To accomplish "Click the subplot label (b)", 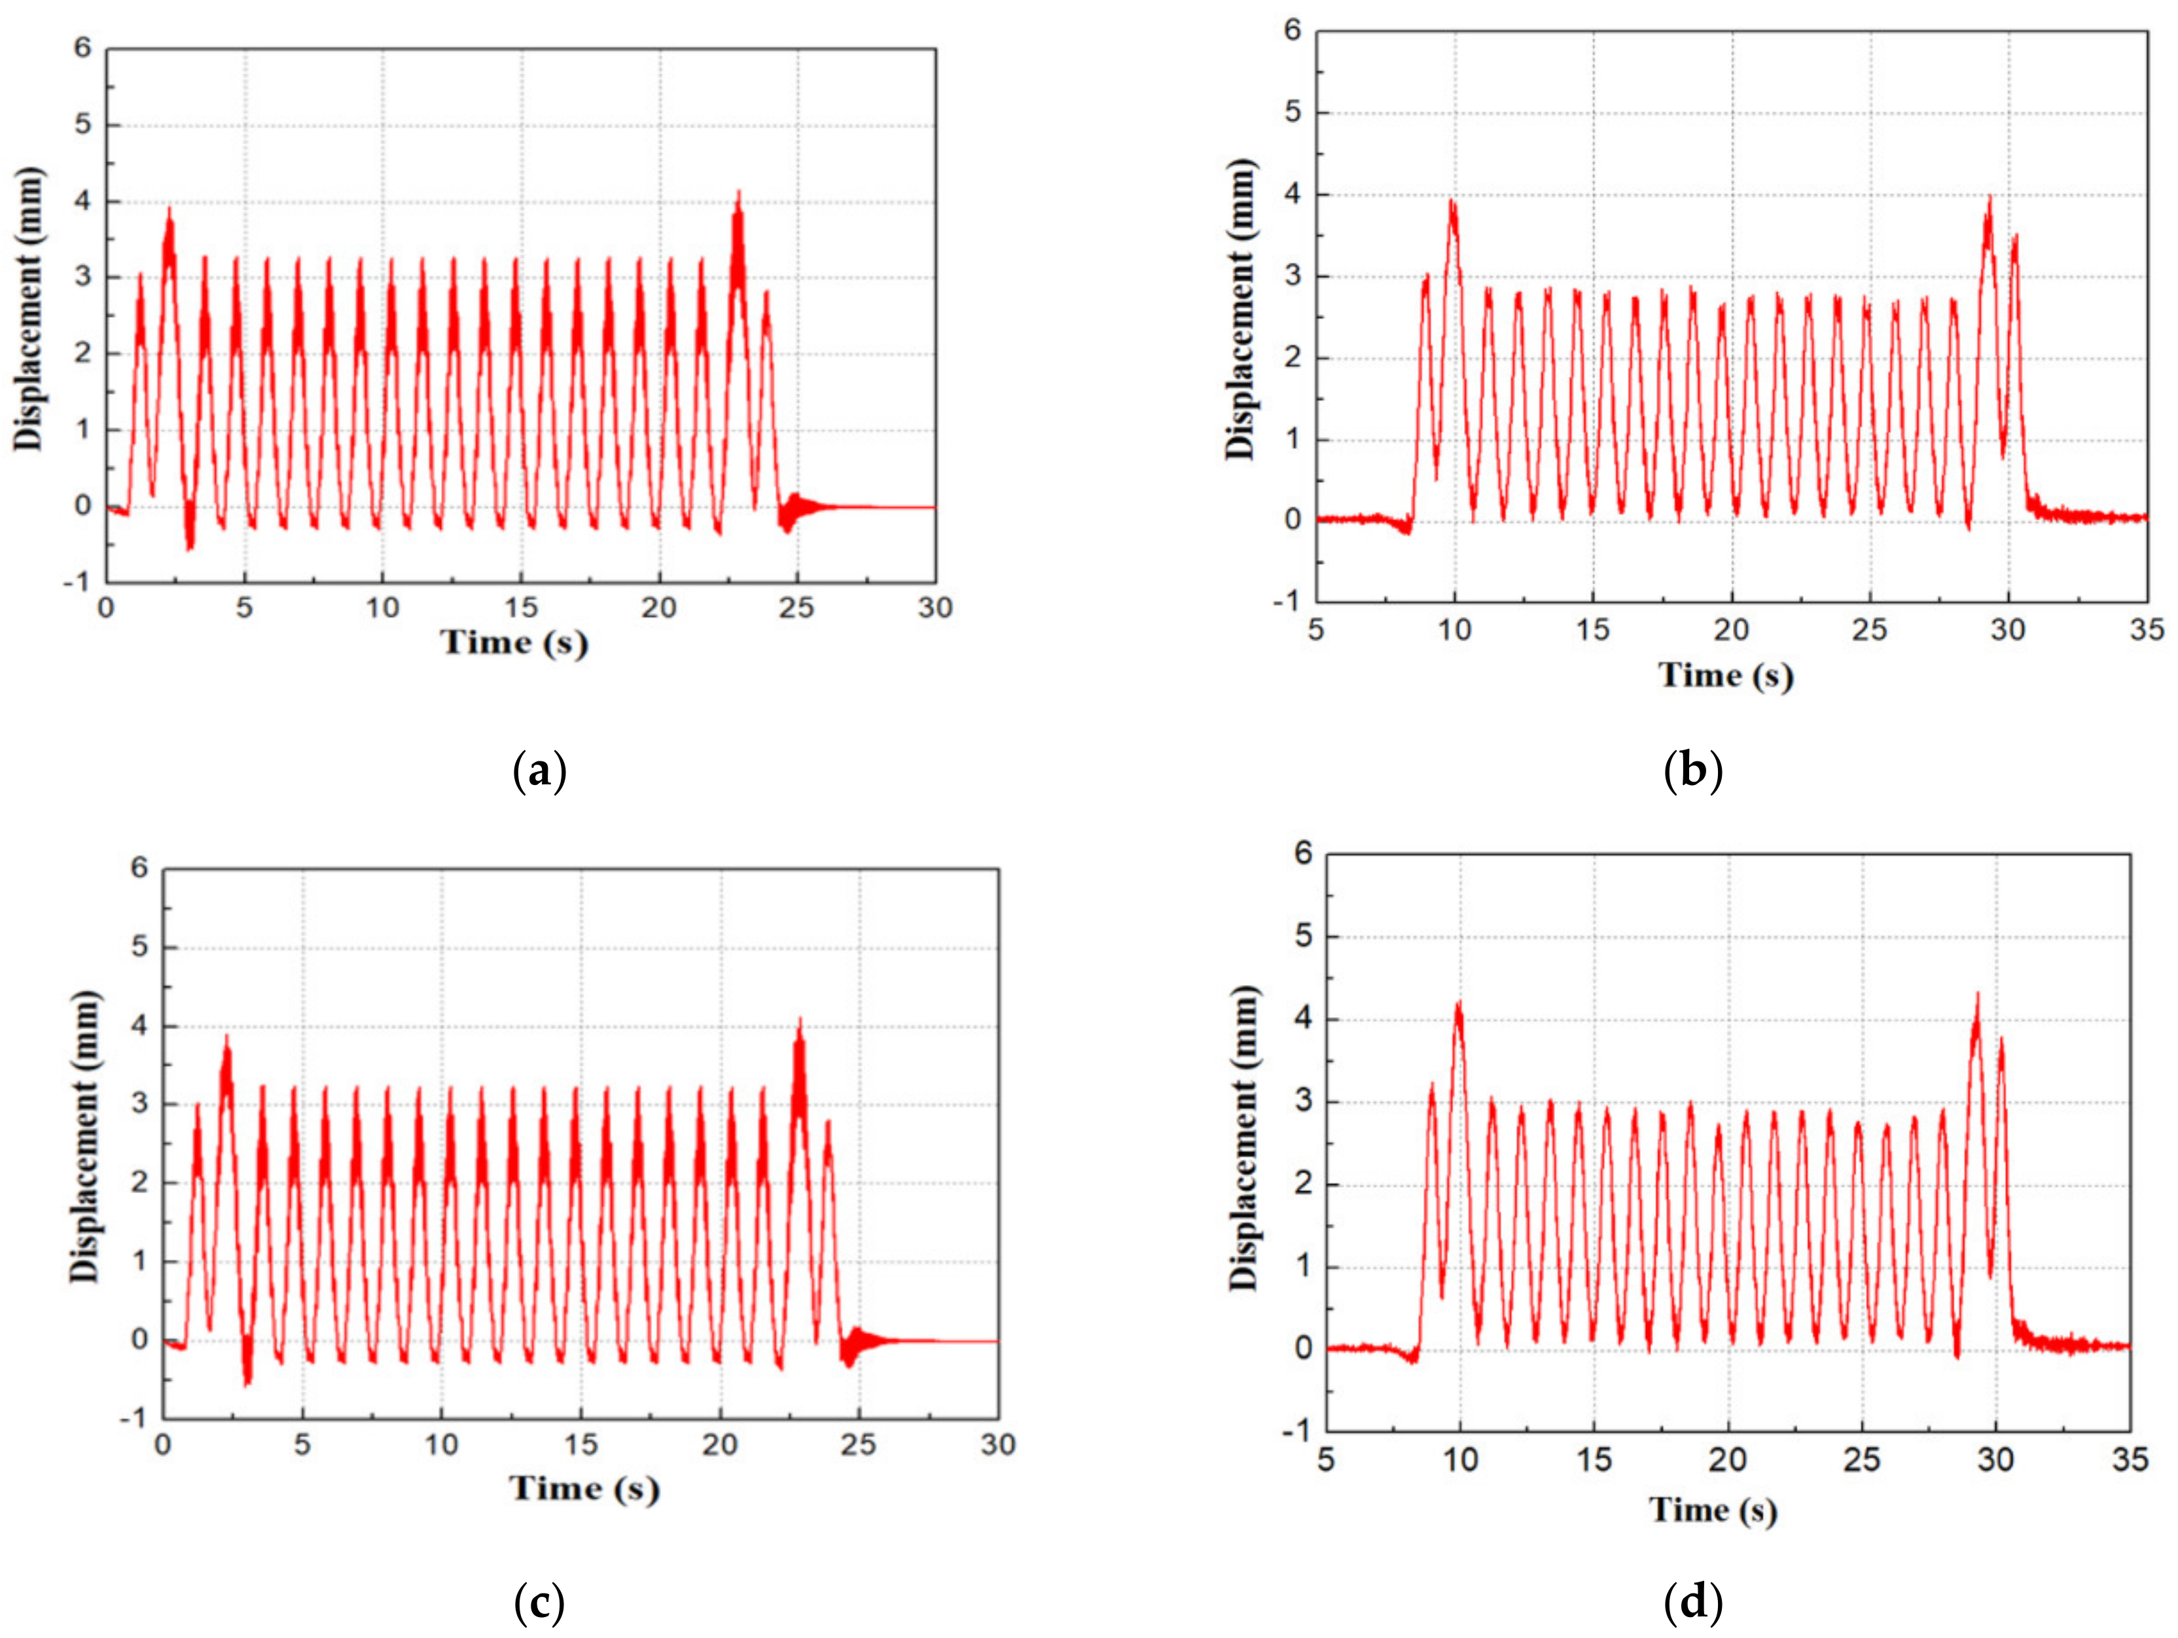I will [1692, 771].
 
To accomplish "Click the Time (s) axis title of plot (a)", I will [514, 643].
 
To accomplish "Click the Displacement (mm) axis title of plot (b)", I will [1241, 308].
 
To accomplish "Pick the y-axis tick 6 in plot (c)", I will [139, 868].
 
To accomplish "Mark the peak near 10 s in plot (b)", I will [1452, 201].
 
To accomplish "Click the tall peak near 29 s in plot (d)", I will [1977, 995].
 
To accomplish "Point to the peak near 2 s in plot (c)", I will [228, 1037].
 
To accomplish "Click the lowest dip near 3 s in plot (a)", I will [189, 548].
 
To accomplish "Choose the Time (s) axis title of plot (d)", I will [1713, 1509].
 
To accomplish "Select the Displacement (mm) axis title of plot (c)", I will [86, 1137].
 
